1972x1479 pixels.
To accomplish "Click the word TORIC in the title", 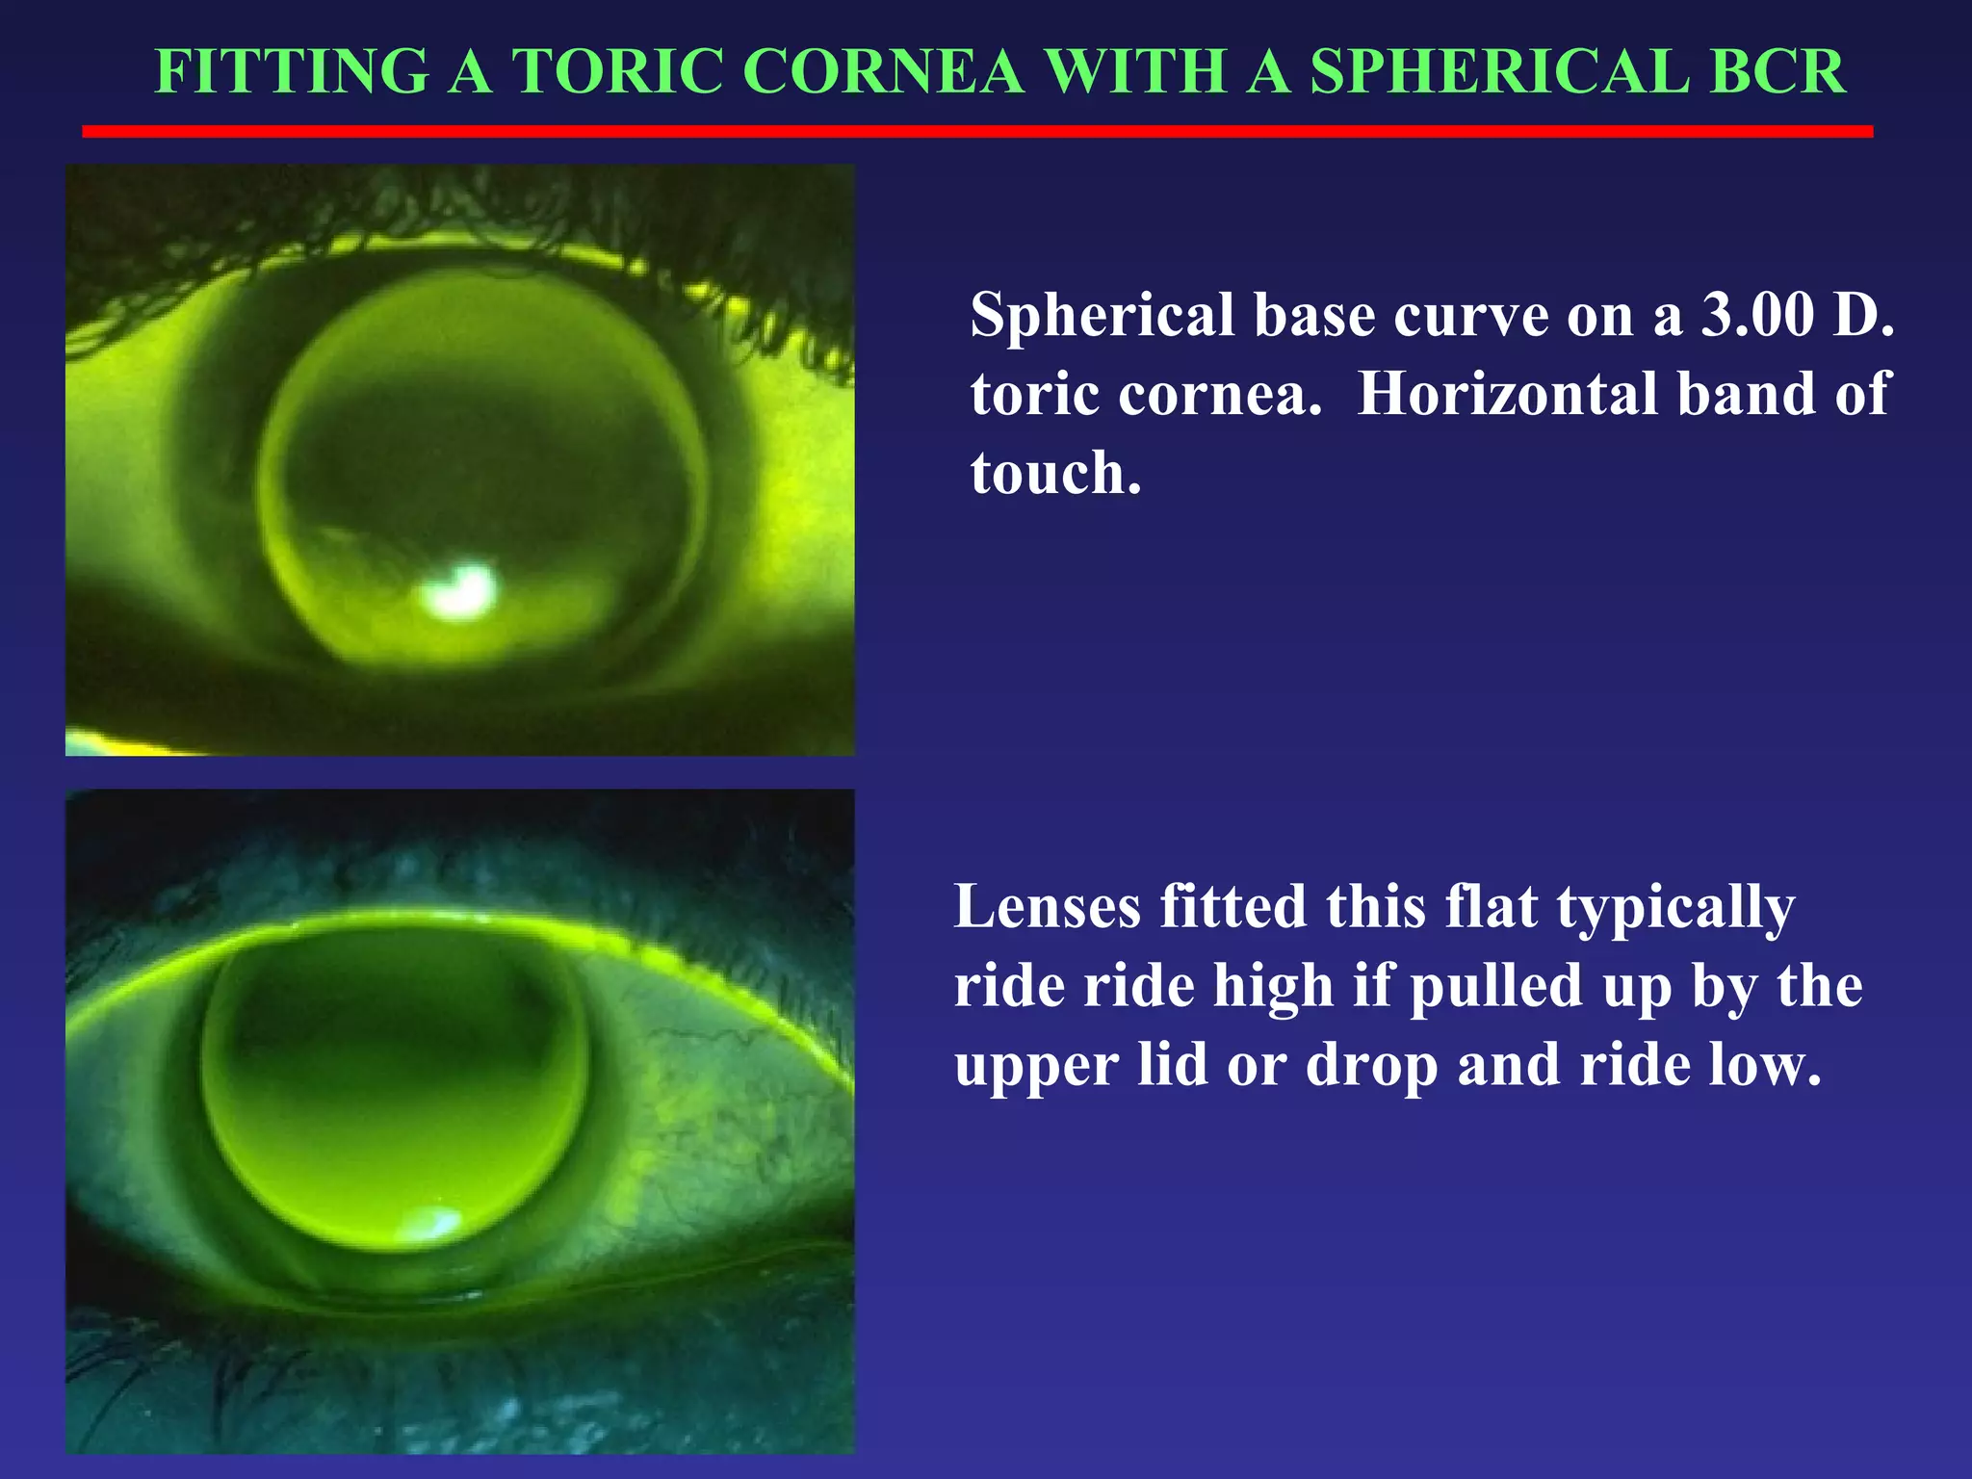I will click(616, 71).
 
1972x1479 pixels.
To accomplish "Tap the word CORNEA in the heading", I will click(883, 71).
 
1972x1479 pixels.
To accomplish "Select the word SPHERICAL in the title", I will click(1499, 71).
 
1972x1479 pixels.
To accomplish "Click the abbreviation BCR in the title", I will click(1778, 71).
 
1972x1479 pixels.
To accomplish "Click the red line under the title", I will click(977, 131).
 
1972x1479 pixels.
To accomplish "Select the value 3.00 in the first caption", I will click(1757, 315).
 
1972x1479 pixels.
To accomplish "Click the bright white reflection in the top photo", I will click(460, 589).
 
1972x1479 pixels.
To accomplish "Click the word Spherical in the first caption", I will click(1103, 317).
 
